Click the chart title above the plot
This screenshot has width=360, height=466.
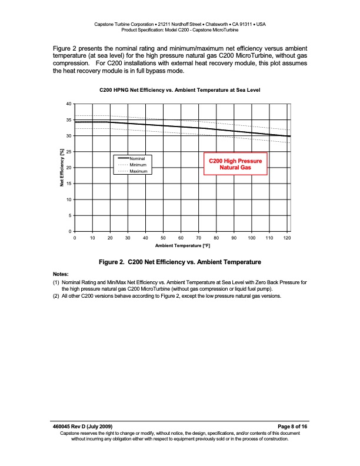point(180,90)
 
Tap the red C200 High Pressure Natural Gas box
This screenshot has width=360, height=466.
point(235,164)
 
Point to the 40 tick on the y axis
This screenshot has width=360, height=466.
point(69,104)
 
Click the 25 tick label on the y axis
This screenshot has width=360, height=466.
point(69,152)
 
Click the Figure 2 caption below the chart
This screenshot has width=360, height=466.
point(180,262)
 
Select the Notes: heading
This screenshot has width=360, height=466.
point(61,274)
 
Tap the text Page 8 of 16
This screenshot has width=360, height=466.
point(292,425)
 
